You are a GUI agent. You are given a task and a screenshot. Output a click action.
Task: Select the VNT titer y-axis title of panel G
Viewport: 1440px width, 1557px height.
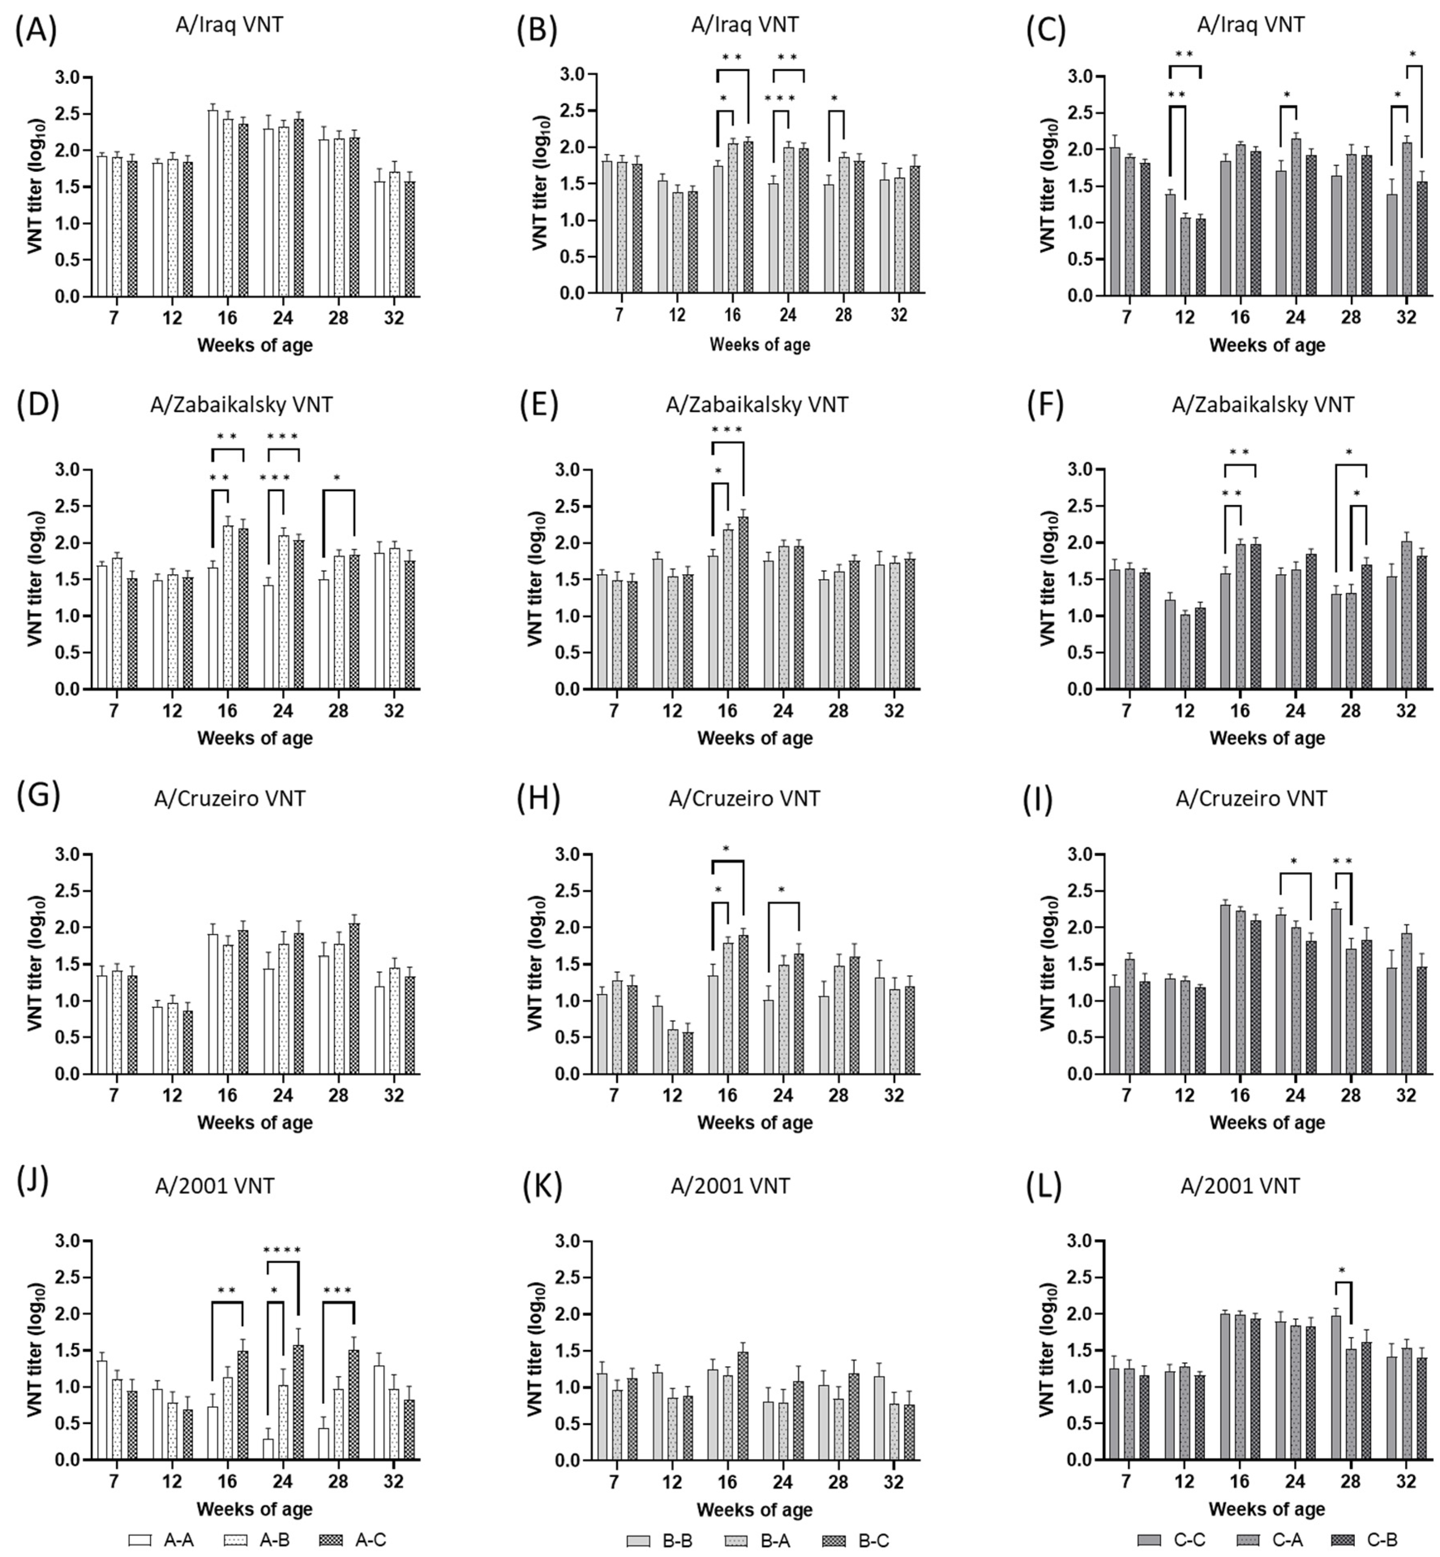[35, 964]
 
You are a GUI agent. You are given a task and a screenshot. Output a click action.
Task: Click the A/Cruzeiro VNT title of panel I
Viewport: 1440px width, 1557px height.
[1251, 798]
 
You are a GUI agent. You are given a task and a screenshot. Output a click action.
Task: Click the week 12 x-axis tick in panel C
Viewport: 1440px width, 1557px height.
[1183, 318]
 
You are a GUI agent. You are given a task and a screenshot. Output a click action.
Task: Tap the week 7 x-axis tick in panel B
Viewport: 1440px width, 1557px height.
[619, 315]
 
